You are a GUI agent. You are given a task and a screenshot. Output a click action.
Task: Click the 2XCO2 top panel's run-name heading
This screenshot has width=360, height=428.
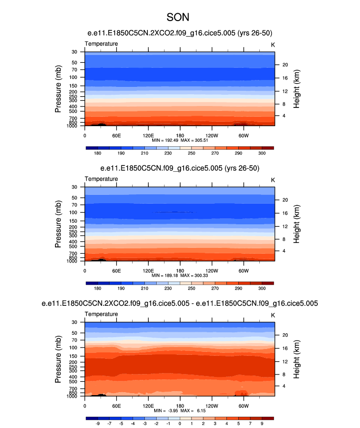(179, 33)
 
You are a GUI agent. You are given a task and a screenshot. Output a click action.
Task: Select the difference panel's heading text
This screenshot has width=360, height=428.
(179, 304)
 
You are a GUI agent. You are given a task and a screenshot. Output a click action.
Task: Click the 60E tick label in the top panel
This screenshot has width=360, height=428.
(116, 135)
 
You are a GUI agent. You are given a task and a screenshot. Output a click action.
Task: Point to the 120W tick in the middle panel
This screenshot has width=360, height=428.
(212, 270)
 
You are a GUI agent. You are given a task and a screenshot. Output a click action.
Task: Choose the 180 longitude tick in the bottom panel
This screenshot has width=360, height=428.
(180, 405)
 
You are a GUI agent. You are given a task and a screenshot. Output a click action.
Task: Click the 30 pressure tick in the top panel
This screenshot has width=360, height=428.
(75, 52)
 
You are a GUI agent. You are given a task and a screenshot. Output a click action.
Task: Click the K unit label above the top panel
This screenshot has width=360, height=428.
(273, 44)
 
